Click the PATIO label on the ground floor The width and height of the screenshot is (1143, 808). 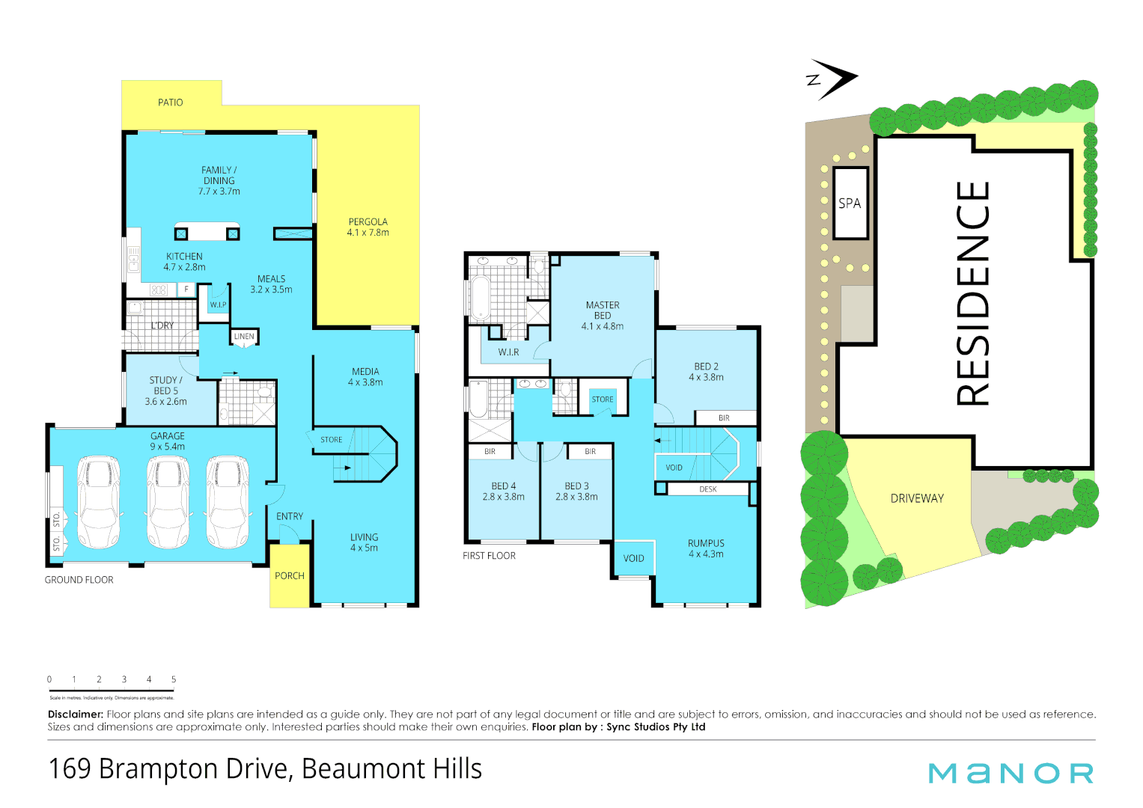170,102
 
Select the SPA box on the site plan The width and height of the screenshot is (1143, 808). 850,203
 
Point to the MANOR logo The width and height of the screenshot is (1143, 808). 1011,774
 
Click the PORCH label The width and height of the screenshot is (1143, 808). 289,576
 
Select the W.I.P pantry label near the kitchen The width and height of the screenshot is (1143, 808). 218,304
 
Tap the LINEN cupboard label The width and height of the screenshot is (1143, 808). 244,337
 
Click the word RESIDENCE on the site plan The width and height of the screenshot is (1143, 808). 973,294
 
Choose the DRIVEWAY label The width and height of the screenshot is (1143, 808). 917,498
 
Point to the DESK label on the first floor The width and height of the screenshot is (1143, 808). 707,489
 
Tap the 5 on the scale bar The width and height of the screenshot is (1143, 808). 174,679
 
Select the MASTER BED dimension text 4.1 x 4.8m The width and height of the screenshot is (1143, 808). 602,326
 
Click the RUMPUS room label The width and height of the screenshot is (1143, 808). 706,543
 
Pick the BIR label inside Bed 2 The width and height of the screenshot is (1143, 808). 724,418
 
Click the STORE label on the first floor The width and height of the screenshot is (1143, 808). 602,400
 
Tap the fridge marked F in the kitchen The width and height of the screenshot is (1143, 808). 186,289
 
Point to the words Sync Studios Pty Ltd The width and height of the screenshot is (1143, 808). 656,727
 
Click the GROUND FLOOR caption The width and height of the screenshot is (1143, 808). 79,580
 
